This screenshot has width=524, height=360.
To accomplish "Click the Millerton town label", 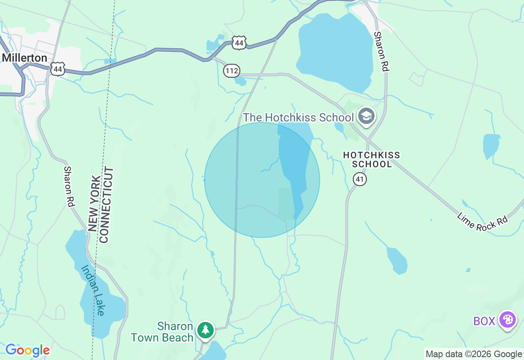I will pos(25,58).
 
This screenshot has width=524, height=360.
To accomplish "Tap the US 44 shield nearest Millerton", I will pos(58,69).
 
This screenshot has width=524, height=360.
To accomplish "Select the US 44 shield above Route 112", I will pos(239,42).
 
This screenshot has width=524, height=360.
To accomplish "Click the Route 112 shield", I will pos(231,71).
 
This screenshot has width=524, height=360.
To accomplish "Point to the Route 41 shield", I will pos(359,179).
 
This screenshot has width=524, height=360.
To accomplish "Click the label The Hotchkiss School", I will pos(298,118).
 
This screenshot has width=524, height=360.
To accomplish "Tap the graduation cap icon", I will pos(366,117).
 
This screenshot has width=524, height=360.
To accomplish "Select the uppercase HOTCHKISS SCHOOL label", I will pos(371,160).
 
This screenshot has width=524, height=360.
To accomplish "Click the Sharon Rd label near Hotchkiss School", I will pos(381,52).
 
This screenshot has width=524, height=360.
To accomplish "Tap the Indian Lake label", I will pos(93,290).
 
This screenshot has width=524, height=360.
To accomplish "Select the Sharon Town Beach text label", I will pos(162,332).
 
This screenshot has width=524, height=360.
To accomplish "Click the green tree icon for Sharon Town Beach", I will pos(205,330).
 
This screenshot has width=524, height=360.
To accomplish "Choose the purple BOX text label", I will pos(484,321).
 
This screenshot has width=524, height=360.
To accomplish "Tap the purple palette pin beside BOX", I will pos(508,319).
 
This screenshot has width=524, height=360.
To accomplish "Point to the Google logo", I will pos(27,350).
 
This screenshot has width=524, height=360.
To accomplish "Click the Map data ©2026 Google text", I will pos(474,354).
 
